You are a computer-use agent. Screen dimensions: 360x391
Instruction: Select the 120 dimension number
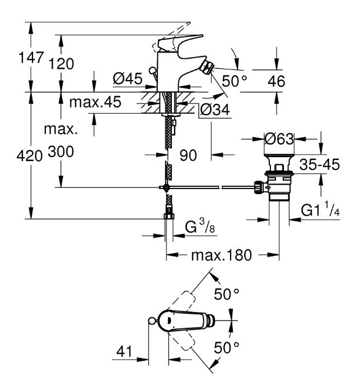[61, 64]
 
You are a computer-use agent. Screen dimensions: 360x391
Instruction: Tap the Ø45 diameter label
[128, 79]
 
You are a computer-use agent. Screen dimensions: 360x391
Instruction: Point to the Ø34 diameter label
[215, 110]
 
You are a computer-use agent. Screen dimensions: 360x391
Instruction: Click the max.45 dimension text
[95, 102]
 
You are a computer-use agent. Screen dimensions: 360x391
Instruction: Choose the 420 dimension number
[30, 157]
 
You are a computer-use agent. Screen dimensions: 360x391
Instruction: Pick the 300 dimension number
[61, 152]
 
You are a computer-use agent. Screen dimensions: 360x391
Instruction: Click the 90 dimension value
[188, 156]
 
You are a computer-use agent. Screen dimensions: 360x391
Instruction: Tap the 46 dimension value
[277, 81]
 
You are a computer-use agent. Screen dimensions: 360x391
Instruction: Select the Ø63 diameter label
[279, 139]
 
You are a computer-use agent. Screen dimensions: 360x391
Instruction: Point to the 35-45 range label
[320, 164]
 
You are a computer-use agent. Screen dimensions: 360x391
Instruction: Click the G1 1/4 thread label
[320, 209]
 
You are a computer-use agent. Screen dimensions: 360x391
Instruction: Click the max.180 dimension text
[222, 255]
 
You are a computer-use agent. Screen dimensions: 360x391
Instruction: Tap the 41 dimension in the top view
[124, 352]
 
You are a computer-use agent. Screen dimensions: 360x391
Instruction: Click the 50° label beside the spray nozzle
[235, 81]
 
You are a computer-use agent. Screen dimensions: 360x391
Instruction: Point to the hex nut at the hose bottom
[169, 216]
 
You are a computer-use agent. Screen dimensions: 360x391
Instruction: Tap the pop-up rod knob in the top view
[152, 321]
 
